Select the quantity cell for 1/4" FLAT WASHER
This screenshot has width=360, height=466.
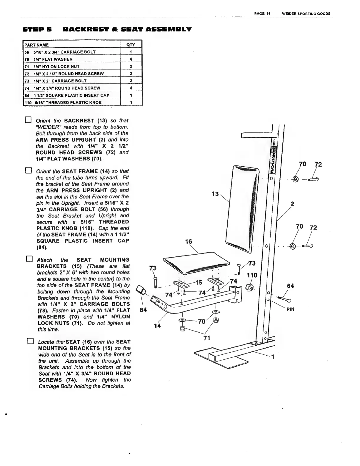pyautogui.click(x=131, y=59)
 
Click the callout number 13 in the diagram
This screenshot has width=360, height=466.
pyautogui.click(x=215, y=194)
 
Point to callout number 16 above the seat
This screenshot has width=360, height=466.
pyautogui.click(x=188, y=242)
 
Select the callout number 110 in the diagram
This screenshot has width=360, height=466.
pyautogui.click(x=252, y=276)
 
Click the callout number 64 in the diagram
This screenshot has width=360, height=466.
pyautogui.click(x=290, y=286)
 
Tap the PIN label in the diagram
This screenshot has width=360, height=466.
pyautogui.click(x=290, y=309)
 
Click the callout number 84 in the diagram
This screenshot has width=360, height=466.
pyautogui.click(x=143, y=310)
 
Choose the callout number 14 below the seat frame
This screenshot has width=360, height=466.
pyautogui.click(x=158, y=326)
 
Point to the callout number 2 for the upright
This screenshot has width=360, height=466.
pyautogui.click(x=292, y=204)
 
